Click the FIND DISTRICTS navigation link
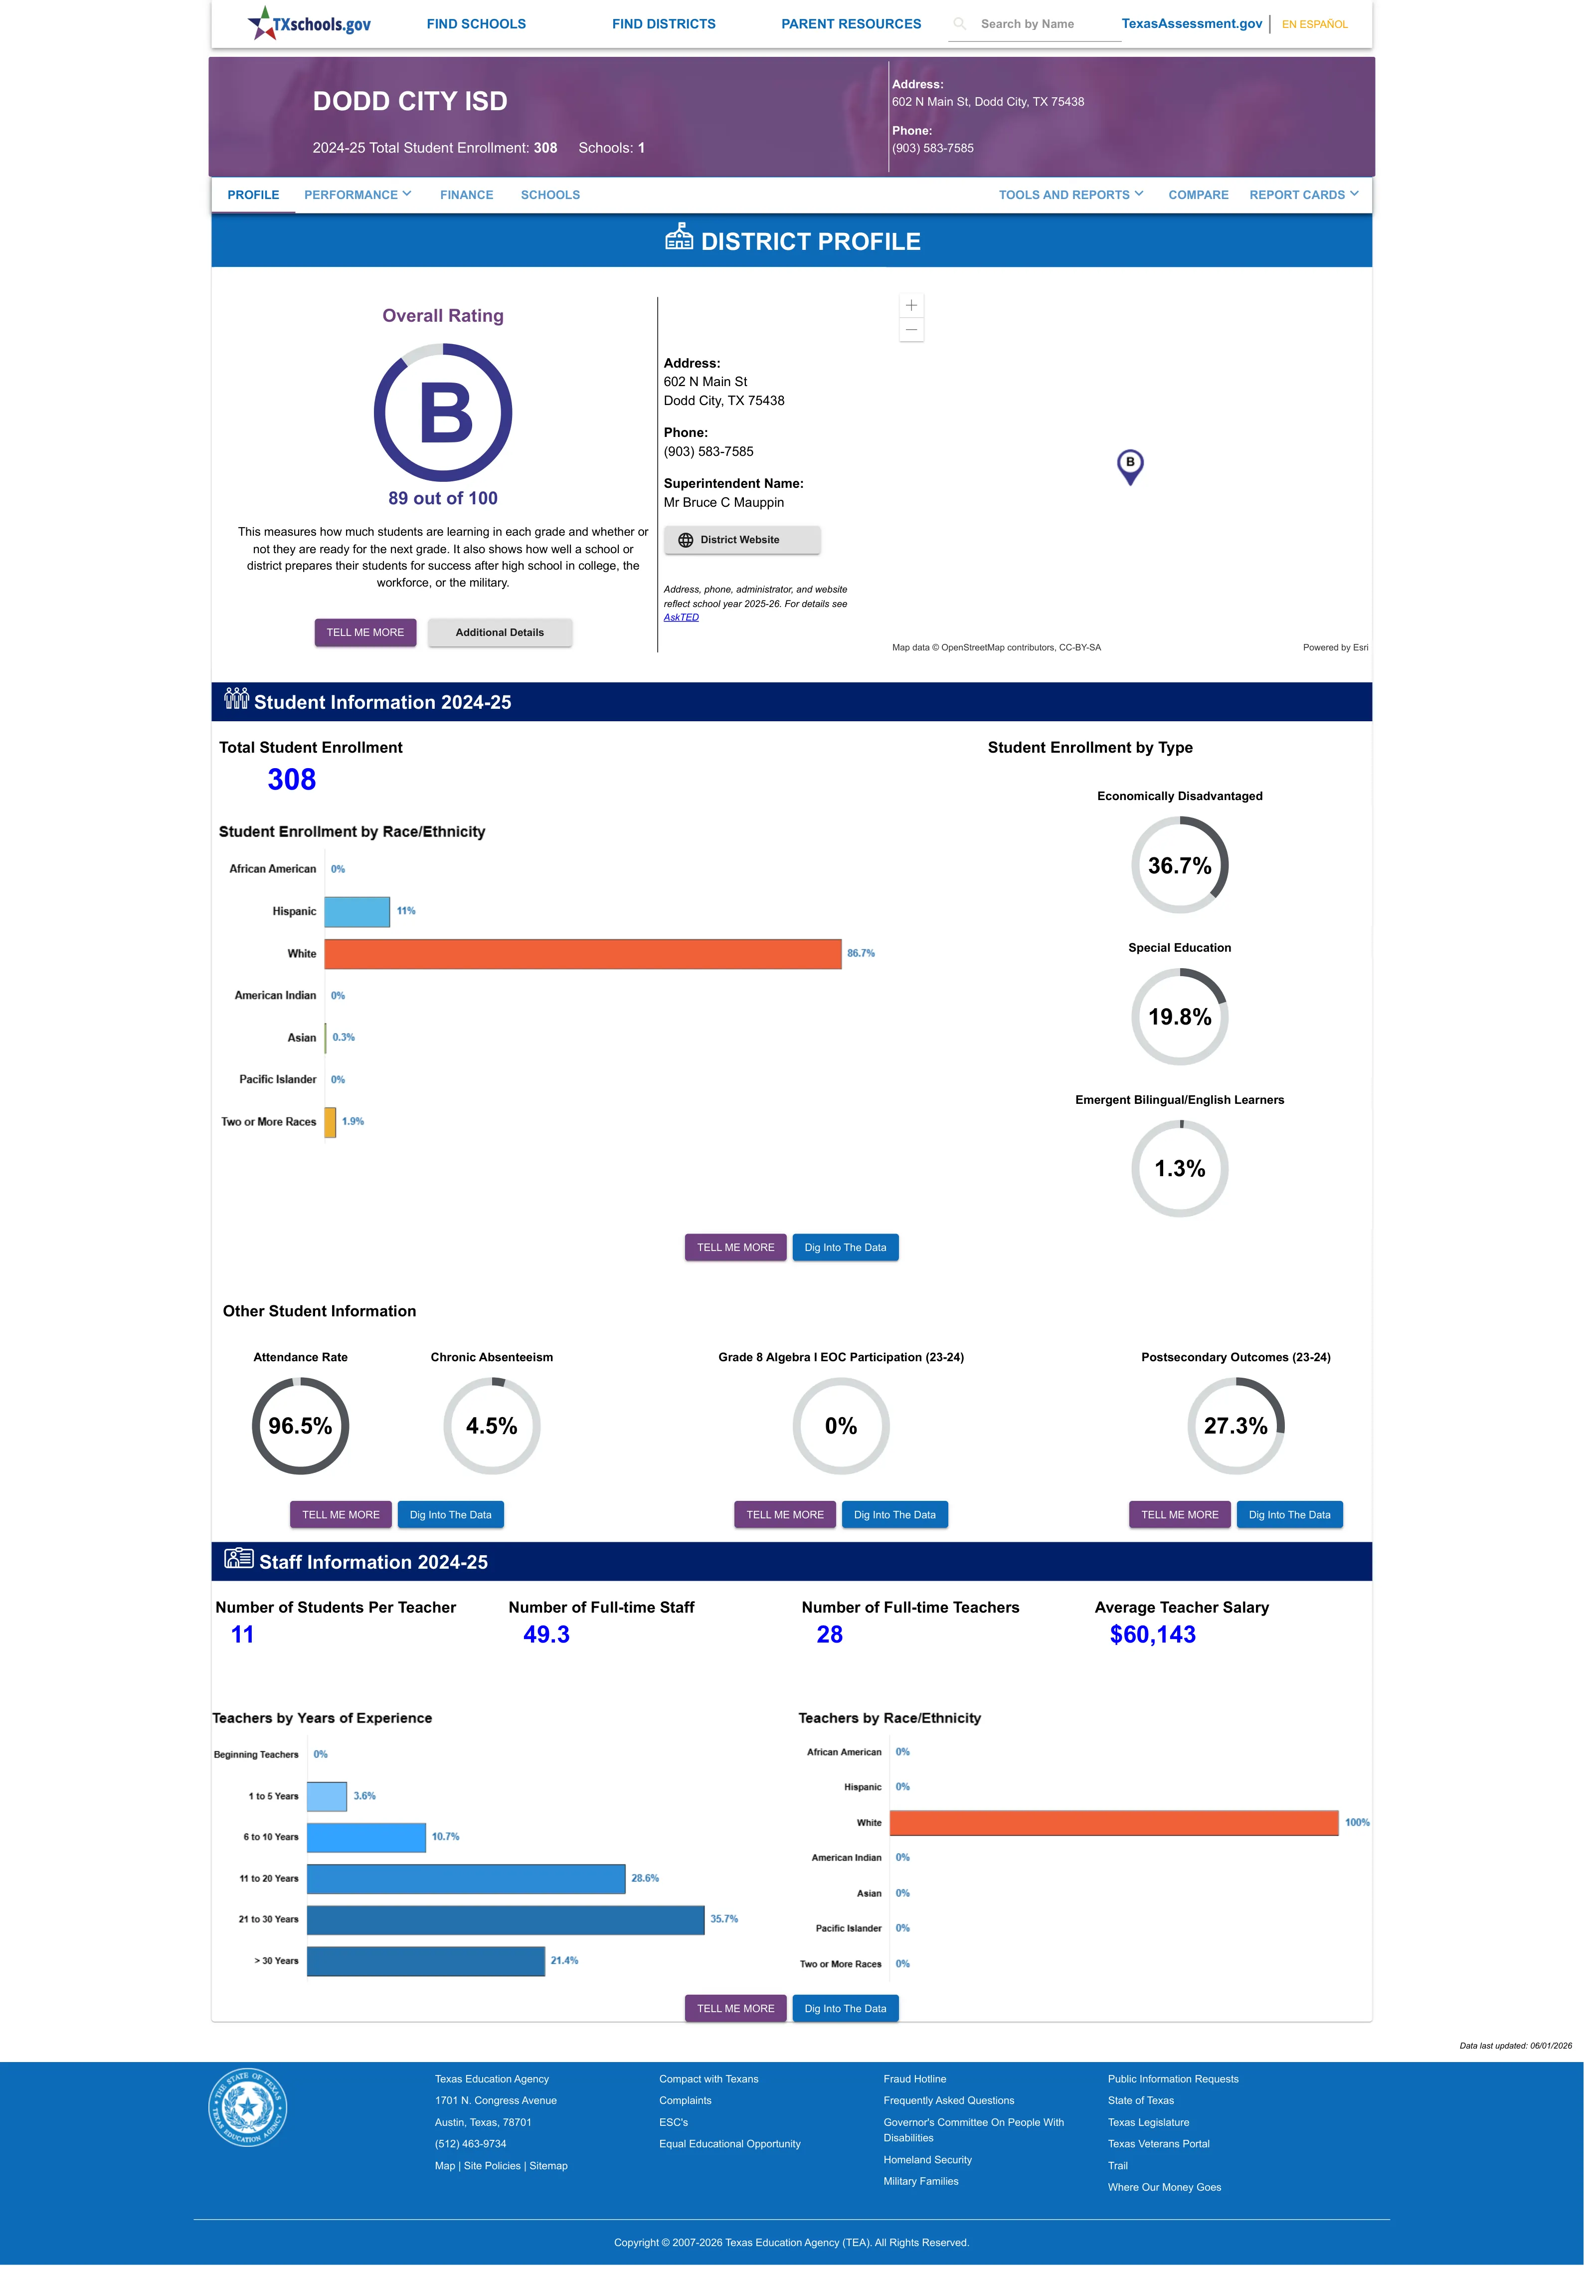(663, 24)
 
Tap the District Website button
(741, 540)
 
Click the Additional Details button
(499, 632)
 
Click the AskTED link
(681, 618)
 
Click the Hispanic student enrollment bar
(357, 911)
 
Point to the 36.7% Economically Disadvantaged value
(1179, 865)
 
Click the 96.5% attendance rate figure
(300, 1427)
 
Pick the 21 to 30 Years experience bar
(505, 1920)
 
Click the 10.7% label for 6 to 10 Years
(446, 1837)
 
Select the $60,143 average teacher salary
(1152, 1635)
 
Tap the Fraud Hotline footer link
(914, 2078)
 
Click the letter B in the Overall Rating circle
(446, 413)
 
